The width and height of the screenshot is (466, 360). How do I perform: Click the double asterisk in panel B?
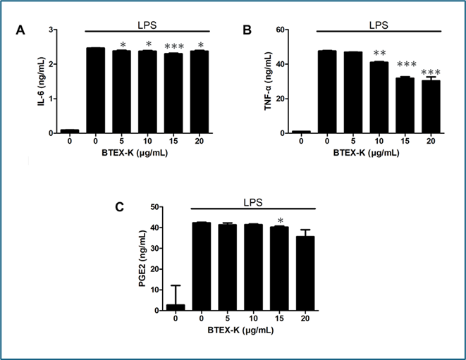tap(379, 54)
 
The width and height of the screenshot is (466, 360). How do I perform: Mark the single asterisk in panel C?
tap(280, 221)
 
